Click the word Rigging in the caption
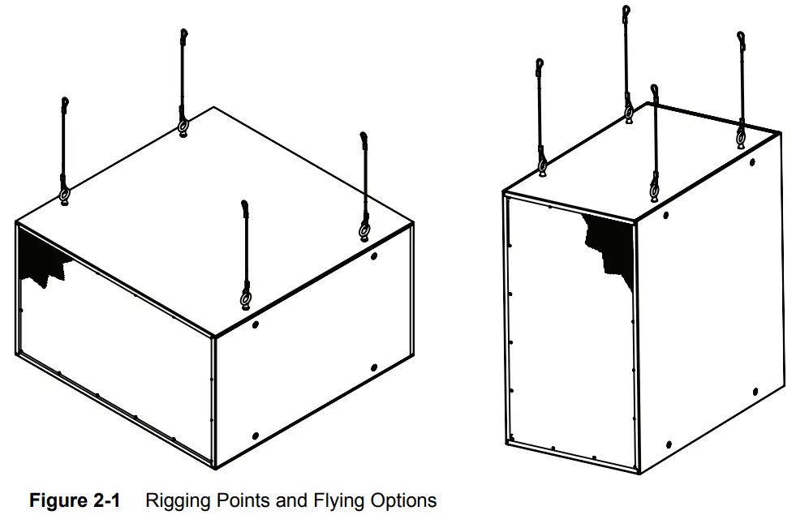tap(174, 500)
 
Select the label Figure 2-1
tap(75, 500)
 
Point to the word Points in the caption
tap(239, 500)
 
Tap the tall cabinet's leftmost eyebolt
tap(542, 166)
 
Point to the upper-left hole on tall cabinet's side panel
tap(666, 215)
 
